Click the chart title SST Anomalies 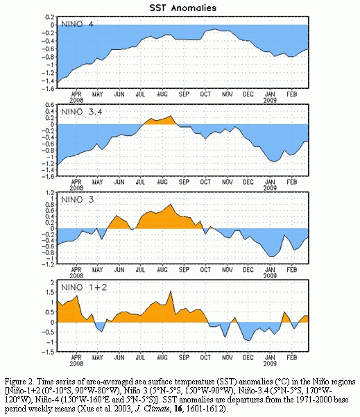pos(183,8)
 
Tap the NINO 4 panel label pos(77,24)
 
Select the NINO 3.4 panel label pos(82,112)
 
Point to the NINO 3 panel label pos(78,199)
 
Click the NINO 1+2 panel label pos(84,287)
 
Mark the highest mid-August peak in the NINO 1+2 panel pos(171,291)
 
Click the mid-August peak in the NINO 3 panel pos(171,204)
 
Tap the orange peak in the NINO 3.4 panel pos(171,116)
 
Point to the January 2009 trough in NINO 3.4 pos(274,161)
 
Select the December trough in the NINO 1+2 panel pos(248,340)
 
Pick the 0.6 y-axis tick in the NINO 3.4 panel pos(50,105)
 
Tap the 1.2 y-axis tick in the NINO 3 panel pos(50,192)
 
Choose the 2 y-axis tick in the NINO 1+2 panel pos(53,282)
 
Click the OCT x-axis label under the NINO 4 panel pos(205,94)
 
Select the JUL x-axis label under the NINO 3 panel pos(140,270)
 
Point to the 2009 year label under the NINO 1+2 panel pos(270,364)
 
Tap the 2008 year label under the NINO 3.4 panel pos(76,188)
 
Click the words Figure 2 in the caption pos(19,382)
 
